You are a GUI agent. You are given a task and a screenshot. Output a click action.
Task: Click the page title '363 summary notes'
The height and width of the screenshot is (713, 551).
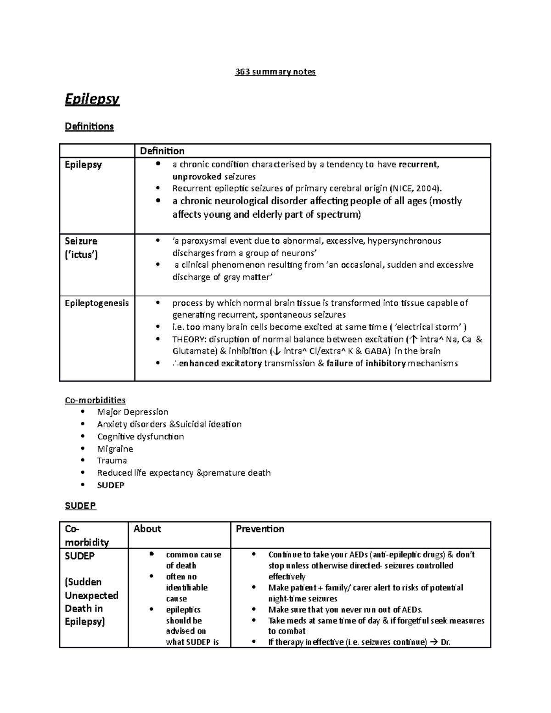(x=275, y=72)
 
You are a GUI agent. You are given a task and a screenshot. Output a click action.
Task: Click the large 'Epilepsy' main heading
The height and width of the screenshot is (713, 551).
(x=92, y=99)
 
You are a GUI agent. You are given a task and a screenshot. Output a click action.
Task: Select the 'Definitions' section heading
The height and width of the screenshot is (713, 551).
(x=89, y=126)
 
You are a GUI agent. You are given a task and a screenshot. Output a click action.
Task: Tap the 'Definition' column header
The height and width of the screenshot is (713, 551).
(x=162, y=151)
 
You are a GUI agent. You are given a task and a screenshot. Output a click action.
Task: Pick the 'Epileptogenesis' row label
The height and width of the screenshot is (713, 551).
(x=96, y=303)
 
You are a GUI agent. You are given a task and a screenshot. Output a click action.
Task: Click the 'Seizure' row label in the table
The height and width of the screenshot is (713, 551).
(x=81, y=241)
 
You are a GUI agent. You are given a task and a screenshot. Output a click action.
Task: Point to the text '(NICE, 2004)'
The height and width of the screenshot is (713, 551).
(x=415, y=188)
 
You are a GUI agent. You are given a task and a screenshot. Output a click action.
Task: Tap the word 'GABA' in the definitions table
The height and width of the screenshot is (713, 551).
(x=377, y=351)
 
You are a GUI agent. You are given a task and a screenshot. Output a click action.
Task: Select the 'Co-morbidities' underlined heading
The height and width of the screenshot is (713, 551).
(x=95, y=400)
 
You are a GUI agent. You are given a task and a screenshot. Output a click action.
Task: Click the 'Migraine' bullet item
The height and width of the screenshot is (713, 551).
(x=115, y=449)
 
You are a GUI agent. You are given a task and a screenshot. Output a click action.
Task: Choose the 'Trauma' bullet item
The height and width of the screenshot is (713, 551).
(x=112, y=460)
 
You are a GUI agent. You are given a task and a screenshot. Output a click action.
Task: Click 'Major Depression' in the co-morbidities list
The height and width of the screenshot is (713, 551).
(x=133, y=412)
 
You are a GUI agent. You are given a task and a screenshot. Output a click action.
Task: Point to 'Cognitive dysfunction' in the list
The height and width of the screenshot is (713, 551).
(x=140, y=436)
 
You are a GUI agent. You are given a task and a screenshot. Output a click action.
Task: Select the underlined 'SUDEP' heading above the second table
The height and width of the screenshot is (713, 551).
(x=80, y=505)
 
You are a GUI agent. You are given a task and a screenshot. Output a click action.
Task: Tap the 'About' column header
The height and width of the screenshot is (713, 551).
(x=147, y=529)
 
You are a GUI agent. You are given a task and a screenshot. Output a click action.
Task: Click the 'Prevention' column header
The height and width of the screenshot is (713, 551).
(x=260, y=529)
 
